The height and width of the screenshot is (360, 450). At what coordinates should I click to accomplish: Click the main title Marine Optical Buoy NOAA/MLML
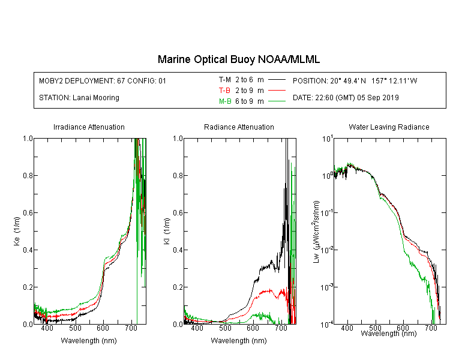click(239, 59)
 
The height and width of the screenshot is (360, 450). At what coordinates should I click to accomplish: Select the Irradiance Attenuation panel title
click(89, 127)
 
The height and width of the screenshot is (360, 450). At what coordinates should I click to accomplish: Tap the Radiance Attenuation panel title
click(239, 127)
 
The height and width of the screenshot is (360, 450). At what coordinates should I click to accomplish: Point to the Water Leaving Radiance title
click(389, 127)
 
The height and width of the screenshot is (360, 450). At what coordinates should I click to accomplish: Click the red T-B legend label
click(224, 91)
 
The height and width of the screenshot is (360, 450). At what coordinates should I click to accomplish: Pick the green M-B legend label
click(225, 101)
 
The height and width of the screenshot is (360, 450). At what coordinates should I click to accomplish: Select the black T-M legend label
click(225, 80)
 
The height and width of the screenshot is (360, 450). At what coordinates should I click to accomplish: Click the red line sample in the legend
click(277, 91)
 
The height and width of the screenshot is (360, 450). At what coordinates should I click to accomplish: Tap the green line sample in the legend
click(277, 101)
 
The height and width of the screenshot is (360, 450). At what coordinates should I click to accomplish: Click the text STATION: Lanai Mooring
click(79, 98)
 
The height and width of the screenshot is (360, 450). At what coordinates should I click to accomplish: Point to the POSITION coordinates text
click(355, 80)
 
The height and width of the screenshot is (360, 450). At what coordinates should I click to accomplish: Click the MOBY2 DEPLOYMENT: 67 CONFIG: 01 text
click(103, 80)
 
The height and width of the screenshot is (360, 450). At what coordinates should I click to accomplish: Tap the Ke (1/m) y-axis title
click(17, 231)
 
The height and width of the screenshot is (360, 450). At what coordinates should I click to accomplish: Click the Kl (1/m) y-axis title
click(167, 231)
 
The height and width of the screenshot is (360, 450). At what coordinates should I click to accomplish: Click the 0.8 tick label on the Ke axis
click(28, 175)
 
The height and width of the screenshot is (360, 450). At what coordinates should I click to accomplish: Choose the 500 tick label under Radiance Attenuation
click(225, 328)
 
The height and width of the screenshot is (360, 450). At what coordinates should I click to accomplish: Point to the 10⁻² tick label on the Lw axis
click(327, 249)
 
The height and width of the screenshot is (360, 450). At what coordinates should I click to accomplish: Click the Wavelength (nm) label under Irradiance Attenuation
click(89, 341)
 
